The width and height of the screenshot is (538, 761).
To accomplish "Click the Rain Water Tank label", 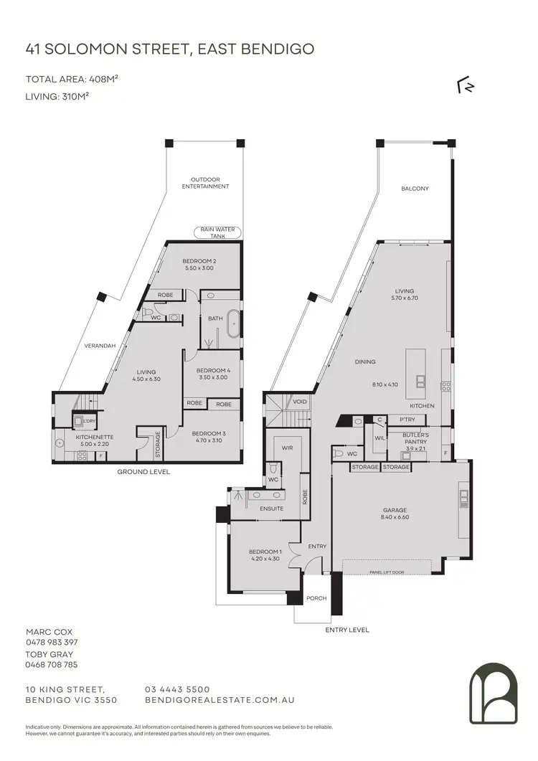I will [x=217, y=232].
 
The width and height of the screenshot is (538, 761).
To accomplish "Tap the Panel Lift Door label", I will [x=386, y=572].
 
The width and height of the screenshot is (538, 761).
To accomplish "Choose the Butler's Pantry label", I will [x=415, y=438].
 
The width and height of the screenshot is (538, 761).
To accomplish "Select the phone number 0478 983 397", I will [x=52, y=642].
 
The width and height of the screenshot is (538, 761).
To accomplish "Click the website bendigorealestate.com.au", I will [x=220, y=699].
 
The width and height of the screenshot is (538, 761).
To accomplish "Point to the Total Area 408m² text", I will [x=72, y=80].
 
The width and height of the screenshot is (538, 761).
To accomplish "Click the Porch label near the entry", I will [x=316, y=597].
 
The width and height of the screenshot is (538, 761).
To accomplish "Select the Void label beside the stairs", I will [x=300, y=402].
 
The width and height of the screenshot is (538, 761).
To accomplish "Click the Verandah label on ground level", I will [x=100, y=346].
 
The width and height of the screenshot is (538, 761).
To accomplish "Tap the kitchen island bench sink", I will [x=420, y=380].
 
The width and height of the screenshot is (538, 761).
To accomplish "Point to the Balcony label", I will [x=415, y=189].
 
